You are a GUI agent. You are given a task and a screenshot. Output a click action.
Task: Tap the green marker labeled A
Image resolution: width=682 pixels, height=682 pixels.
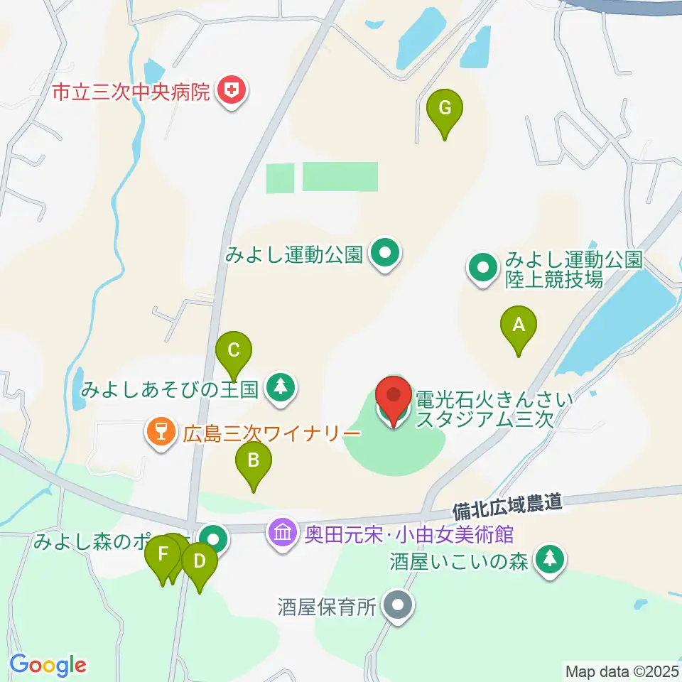[x=519, y=327]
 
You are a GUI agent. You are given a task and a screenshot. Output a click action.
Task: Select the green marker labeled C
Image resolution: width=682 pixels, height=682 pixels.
[x=234, y=351]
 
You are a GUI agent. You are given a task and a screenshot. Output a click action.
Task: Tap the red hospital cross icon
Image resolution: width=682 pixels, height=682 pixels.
[x=231, y=90]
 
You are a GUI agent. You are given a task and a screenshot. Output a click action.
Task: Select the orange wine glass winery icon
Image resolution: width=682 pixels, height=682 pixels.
[x=161, y=431]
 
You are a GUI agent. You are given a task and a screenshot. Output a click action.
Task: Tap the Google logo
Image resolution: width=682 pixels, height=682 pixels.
[x=48, y=665]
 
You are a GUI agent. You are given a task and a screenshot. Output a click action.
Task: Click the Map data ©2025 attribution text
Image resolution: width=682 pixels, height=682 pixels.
[x=620, y=670]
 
